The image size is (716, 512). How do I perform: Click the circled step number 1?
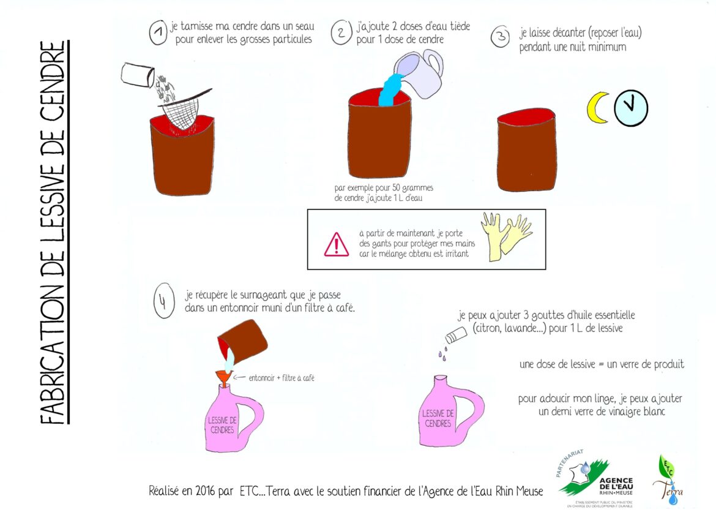[158, 33]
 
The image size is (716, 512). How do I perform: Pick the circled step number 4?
[165, 304]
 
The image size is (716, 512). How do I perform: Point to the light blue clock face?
[630, 108]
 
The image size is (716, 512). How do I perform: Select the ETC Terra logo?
[669, 480]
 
